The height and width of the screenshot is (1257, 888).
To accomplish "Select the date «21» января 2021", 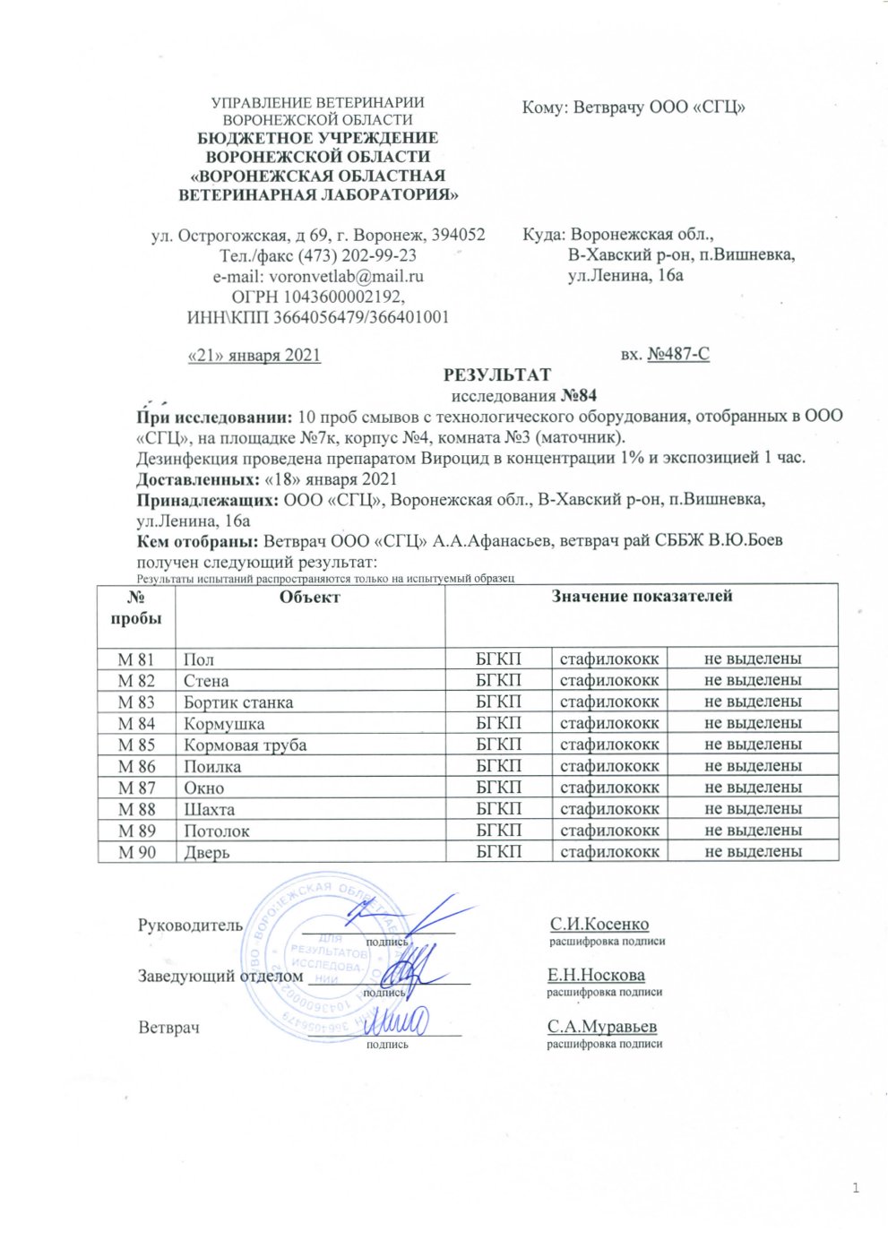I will tap(254, 355).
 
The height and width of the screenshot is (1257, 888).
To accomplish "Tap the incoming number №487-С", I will tap(678, 355).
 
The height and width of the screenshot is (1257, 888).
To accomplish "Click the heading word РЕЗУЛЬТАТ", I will tap(497, 375).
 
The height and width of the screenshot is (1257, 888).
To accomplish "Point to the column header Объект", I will tap(309, 597).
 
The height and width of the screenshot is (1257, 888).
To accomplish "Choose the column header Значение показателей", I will tap(642, 596).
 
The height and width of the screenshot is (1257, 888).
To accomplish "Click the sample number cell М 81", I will tap(136, 659).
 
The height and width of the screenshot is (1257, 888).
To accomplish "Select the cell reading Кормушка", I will tap(224, 724).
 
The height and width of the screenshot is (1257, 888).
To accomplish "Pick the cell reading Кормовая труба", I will tap(245, 745).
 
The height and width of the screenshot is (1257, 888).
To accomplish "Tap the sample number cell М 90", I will tap(136, 852).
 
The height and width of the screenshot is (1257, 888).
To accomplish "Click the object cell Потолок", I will tap(217, 831).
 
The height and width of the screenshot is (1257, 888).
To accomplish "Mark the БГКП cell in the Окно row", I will tap(498, 788).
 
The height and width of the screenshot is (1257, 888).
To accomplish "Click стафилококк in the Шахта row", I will tap(609, 809).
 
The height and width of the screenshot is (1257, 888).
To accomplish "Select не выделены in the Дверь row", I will tap(753, 852).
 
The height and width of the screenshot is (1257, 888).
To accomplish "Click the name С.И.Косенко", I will tap(599, 924).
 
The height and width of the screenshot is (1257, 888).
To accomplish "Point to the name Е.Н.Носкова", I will tap(596, 975).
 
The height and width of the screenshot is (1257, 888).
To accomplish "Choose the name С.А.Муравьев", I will tap(602, 1027).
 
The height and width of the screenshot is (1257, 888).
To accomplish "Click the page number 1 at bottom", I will tap(856, 1188).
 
